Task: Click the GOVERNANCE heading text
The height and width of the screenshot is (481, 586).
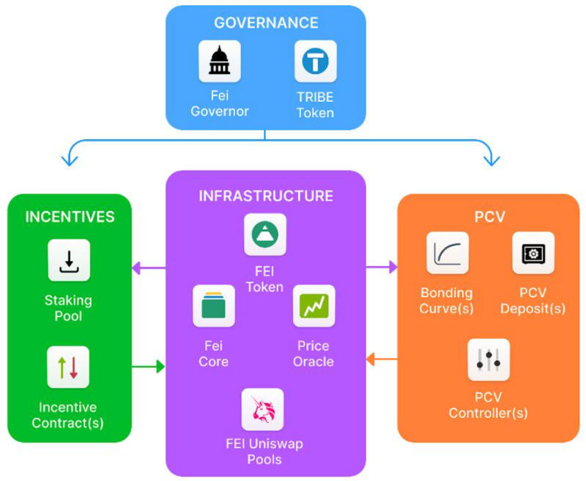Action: [265, 23]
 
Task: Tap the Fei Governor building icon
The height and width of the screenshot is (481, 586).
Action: [220, 61]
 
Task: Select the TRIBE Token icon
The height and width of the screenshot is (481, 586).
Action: [316, 61]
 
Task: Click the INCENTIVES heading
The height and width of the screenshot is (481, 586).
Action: [70, 217]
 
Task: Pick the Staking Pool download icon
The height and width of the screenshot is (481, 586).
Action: [69, 260]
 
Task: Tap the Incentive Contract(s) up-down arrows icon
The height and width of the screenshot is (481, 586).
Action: [68, 367]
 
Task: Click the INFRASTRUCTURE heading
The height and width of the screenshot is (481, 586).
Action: [266, 196]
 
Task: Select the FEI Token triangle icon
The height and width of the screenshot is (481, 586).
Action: [265, 234]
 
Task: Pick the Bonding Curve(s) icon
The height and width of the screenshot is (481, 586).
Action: [448, 253]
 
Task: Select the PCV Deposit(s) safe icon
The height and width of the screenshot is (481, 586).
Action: [533, 253]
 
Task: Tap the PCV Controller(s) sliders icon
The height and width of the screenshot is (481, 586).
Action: [489, 359]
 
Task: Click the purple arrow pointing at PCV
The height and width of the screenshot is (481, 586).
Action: [382, 268]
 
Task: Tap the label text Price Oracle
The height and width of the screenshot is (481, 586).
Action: [314, 353]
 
